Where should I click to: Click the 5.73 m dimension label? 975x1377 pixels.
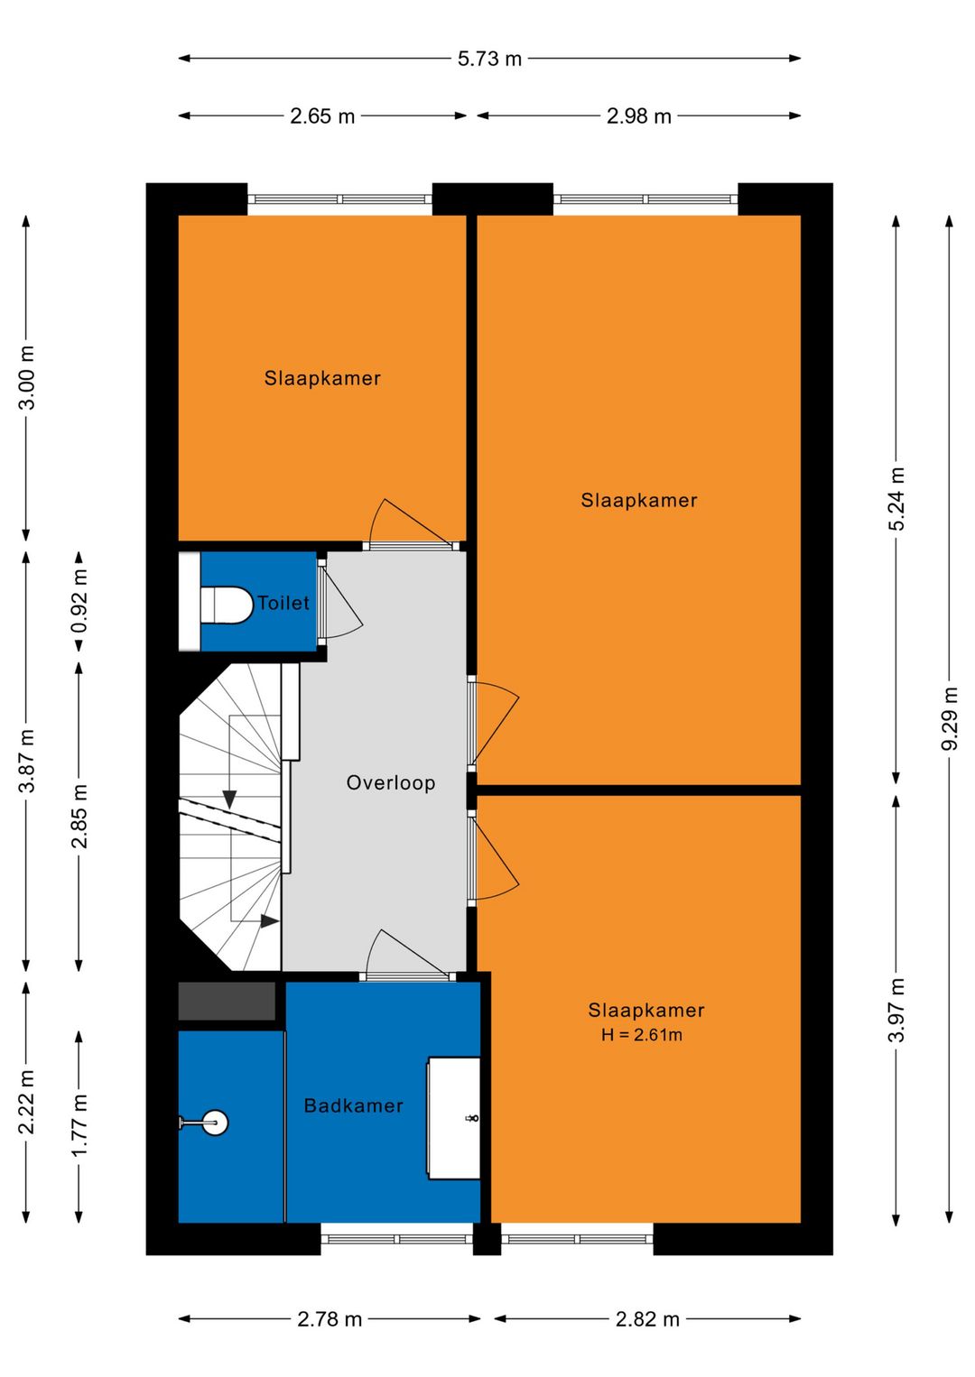pos(489,59)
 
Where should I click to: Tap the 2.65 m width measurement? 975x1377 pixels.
pos(322,116)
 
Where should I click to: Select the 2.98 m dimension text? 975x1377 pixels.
pos(638,116)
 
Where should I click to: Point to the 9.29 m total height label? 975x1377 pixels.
pos(949,717)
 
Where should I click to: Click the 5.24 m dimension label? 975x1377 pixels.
pos(896,498)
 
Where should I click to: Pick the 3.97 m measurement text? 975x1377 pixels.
pos(896,1010)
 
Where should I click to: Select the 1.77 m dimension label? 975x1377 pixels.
pos(79,1125)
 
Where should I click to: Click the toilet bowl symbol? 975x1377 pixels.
pos(227,605)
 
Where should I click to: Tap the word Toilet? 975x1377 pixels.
pos(283,603)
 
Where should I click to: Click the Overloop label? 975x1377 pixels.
pos(391,782)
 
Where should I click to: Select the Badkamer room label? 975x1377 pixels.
pos(354,1106)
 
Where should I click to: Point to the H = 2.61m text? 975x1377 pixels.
pos(642,1035)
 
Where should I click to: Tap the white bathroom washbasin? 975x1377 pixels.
pos(454,1118)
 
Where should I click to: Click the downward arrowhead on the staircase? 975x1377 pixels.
pos(229,799)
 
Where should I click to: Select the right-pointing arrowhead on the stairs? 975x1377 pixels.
pos(269,921)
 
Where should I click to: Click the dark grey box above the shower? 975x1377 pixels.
pos(227,1001)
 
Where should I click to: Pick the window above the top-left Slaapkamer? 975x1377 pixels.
pos(339,199)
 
